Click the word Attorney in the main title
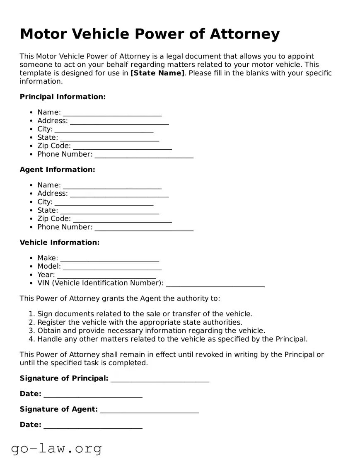click(244, 34)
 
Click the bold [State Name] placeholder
click(157, 73)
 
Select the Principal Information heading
click(63, 97)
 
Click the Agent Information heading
click(57, 170)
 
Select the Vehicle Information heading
click(60, 243)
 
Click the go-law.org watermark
click(56, 448)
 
